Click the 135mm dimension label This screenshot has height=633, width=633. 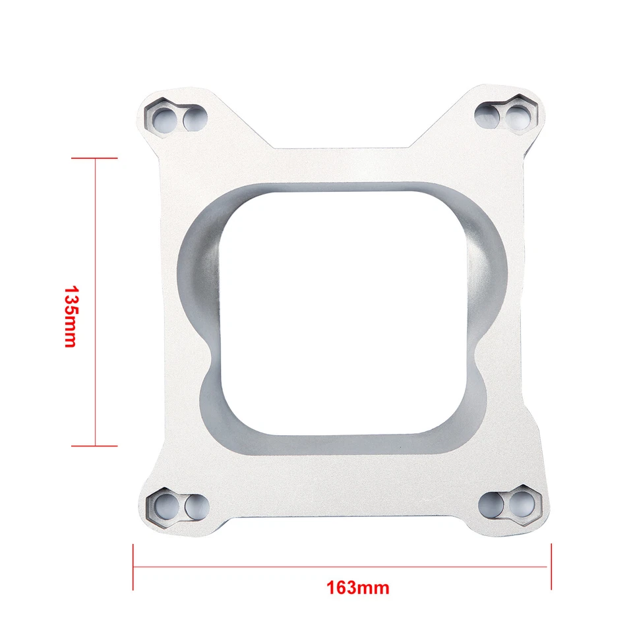71,316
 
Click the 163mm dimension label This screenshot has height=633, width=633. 357,587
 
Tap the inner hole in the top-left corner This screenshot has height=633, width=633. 194,119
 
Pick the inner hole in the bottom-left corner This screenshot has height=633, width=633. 195,506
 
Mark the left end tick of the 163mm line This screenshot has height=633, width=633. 134,566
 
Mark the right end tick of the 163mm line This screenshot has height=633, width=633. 551,566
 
